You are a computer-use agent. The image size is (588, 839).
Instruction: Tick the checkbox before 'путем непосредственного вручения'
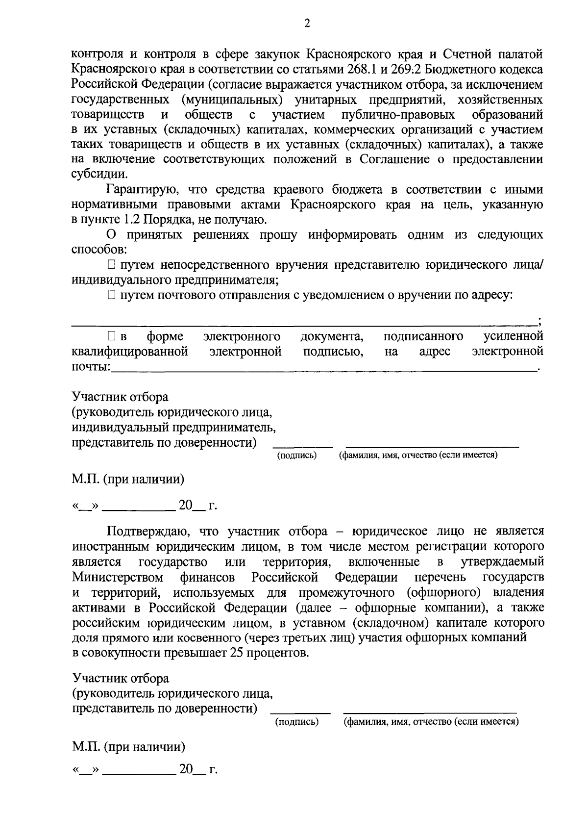(x=112, y=265)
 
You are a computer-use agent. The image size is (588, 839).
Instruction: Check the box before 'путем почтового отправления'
(x=112, y=295)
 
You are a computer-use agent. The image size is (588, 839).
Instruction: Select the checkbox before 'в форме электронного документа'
(x=112, y=337)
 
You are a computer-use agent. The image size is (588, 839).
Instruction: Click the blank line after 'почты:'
(x=323, y=369)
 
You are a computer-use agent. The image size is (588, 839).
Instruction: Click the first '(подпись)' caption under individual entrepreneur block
(x=297, y=456)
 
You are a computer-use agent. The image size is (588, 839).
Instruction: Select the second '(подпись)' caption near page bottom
(x=296, y=722)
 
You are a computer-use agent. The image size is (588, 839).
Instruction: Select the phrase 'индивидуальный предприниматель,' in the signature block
(x=174, y=428)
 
